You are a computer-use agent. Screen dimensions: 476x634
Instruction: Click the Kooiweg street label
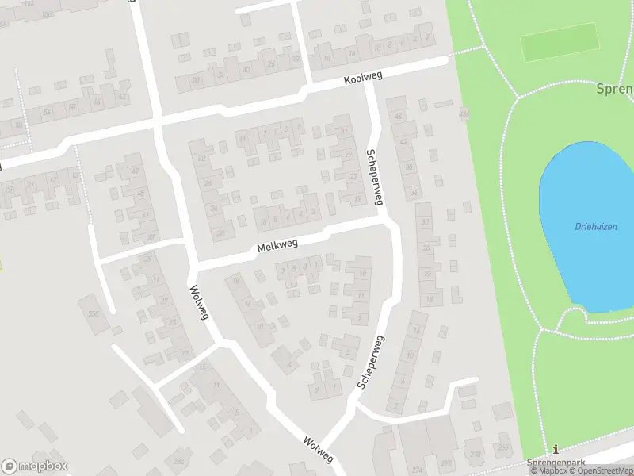pos(364,79)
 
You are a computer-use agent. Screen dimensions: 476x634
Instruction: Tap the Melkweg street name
pos(277,246)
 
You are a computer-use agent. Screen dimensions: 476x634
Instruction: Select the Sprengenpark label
pos(555,462)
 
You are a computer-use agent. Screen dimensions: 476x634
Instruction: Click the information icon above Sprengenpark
pos(555,449)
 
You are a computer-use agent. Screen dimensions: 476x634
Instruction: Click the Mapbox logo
pos(35,466)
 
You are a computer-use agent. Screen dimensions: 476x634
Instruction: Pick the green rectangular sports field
pos(559,41)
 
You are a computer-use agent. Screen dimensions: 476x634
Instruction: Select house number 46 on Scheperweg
pos(399,117)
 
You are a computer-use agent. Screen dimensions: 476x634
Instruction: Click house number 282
pos(179,461)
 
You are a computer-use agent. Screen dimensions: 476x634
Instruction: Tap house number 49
pos(134,171)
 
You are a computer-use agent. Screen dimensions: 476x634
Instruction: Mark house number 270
pos(475,454)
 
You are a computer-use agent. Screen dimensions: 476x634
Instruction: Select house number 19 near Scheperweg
pos(358,198)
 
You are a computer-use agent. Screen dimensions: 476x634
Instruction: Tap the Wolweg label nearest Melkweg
pos(200,303)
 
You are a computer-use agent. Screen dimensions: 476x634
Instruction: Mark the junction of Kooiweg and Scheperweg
pos(369,80)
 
